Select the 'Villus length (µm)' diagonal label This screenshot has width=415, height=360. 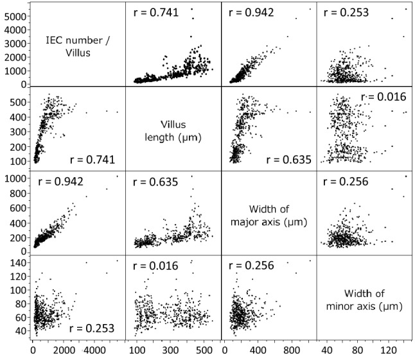coord(173,128)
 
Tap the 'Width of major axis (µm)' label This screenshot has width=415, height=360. coord(269,213)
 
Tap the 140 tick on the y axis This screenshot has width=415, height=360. coord(17,263)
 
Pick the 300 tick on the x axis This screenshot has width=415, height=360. coord(170,351)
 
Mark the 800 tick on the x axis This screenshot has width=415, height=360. coord(292,351)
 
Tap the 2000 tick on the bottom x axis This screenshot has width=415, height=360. coord(64,351)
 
